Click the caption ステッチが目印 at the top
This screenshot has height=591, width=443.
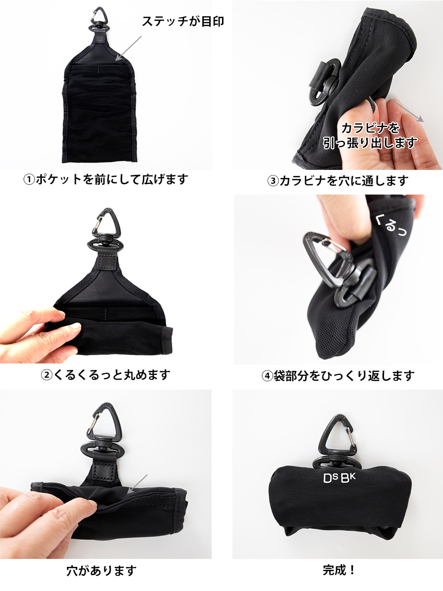click(x=183, y=22)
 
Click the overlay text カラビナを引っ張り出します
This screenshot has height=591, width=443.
click(x=370, y=135)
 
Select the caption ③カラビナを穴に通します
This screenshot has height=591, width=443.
click(x=338, y=181)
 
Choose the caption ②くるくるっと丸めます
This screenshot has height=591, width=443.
click(x=105, y=375)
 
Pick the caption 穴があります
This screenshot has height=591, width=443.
click(x=101, y=571)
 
